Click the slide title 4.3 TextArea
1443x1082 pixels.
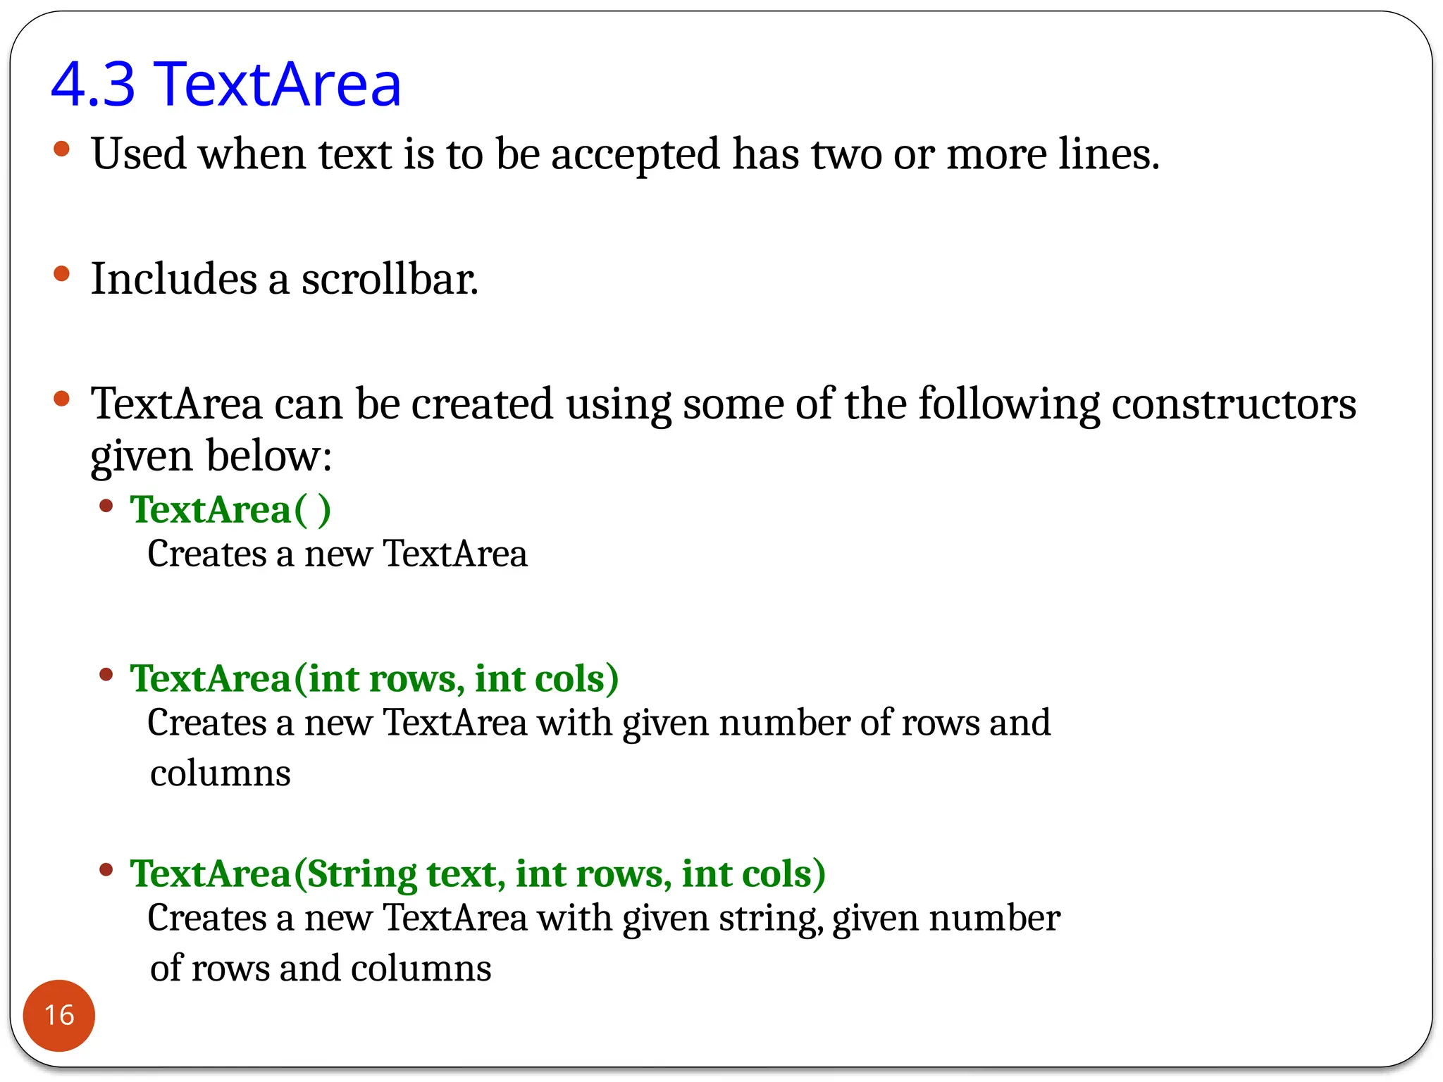pyautogui.click(x=225, y=85)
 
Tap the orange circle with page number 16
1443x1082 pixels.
pyautogui.click(x=59, y=1015)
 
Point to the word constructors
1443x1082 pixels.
pyautogui.click(x=1233, y=404)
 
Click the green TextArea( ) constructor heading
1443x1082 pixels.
pyautogui.click(x=230, y=510)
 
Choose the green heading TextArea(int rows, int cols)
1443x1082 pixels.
pyautogui.click(x=374, y=679)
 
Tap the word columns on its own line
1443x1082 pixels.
pyautogui.click(x=221, y=773)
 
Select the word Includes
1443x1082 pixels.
pyautogui.click(x=174, y=279)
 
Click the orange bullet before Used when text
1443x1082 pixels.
pyautogui.click(x=62, y=149)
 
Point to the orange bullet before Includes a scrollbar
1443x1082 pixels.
pyautogui.click(x=62, y=273)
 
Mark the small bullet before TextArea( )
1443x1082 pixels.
pyautogui.click(x=106, y=505)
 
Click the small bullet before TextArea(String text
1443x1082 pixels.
pyautogui.click(x=106, y=869)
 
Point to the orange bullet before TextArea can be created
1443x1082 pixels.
pyautogui.click(x=62, y=399)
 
